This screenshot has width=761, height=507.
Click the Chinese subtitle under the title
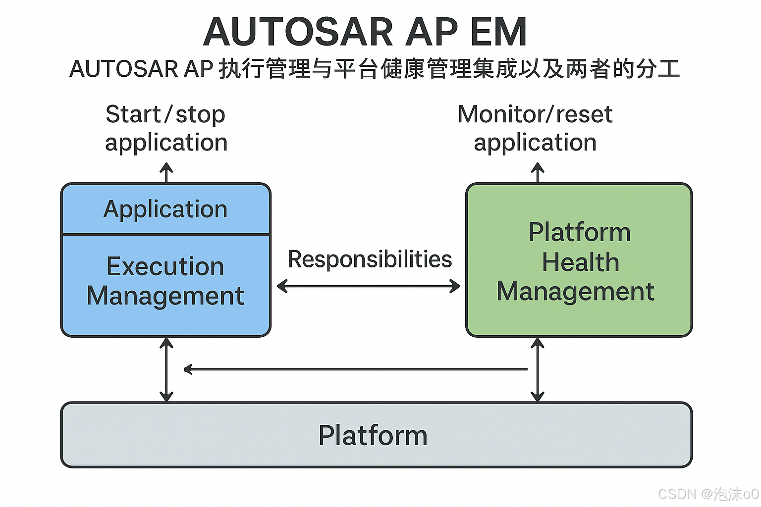tap(375, 69)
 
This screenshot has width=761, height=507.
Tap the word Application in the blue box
tap(165, 209)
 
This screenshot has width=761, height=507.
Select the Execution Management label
tap(165, 281)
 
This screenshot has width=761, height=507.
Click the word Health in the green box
tap(580, 262)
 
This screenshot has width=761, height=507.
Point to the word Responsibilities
tap(370, 259)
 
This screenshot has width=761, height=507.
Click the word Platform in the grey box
tap(373, 436)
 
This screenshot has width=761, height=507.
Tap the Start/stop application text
tap(166, 128)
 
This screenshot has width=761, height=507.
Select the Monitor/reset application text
tap(535, 128)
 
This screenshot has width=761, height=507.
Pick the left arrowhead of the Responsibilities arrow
tap(281, 286)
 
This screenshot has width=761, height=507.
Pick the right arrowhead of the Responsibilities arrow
tap(456, 286)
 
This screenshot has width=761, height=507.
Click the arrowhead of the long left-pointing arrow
tap(188, 369)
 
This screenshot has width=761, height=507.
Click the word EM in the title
tap(498, 32)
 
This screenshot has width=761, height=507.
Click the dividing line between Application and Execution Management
tap(165, 234)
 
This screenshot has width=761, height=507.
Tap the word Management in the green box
tap(575, 292)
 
